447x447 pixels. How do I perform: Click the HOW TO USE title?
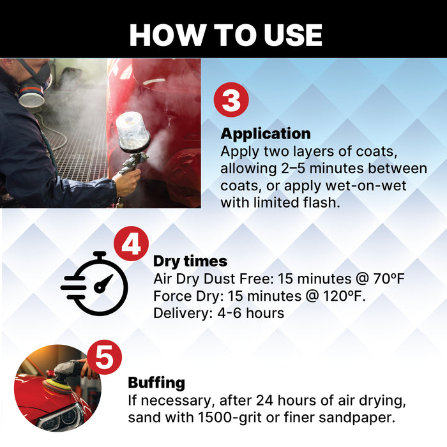(x=225, y=35)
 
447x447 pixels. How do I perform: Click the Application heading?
(x=266, y=134)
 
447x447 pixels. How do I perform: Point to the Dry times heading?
(x=190, y=261)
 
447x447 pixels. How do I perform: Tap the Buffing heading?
(x=156, y=383)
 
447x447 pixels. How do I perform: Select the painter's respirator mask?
(x=31, y=89)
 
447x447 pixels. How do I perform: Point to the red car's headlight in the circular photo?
(x=60, y=416)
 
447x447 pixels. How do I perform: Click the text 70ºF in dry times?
(x=387, y=279)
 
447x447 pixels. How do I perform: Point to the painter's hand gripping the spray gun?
(x=127, y=182)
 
